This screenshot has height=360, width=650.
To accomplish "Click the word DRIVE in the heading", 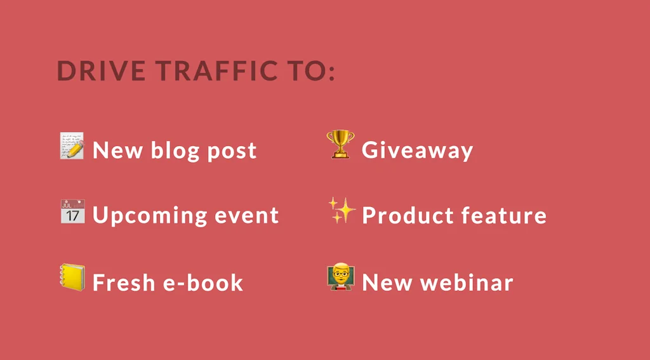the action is [x=101, y=70].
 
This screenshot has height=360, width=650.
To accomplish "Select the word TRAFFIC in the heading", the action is [x=217, y=70].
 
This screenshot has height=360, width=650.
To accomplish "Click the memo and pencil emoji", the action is [x=72, y=145].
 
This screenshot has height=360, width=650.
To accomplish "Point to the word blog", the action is [x=175, y=150].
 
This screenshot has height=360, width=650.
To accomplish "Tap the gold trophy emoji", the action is [x=340, y=144].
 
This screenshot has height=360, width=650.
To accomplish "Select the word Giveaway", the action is [x=418, y=150].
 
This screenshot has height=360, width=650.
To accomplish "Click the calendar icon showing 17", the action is [x=72, y=211].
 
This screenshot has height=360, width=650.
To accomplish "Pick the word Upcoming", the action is [x=149, y=216].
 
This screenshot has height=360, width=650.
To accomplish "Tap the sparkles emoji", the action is [x=342, y=210].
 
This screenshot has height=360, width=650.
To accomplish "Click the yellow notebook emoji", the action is [x=72, y=277].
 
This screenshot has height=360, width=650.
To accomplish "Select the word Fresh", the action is [x=123, y=282].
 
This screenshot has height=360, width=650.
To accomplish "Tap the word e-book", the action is [x=202, y=282].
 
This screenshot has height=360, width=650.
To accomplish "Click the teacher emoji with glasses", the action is [x=341, y=276].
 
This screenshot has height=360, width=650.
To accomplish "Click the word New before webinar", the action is [x=387, y=283].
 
